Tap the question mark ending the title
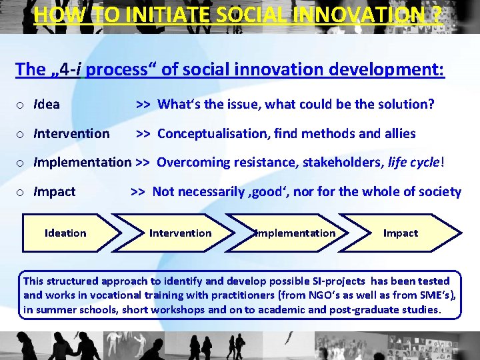[x=436, y=14]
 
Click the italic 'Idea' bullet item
[x=47, y=105]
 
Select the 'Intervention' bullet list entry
[x=71, y=134]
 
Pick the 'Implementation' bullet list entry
[x=82, y=162]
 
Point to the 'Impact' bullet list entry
[x=55, y=192]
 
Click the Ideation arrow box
[x=65, y=233]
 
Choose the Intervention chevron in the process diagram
[x=180, y=233]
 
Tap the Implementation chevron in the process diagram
[x=295, y=233]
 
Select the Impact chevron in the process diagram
[x=401, y=233]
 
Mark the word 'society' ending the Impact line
[x=440, y=192]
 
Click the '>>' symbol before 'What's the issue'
[x=143, y=105]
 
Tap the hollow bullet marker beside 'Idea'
[x=21, y=105]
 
